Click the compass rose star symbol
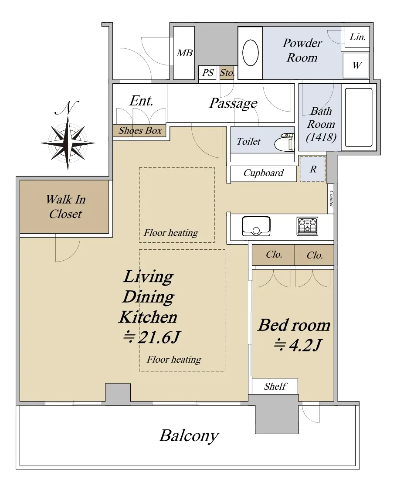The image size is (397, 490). pos(68,143)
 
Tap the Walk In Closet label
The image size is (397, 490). pos(66,207)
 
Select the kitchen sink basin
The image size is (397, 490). pos(256,226)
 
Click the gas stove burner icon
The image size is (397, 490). pos(307,226)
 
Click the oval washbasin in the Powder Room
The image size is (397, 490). pos(251,53)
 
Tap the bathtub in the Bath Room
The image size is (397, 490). pos(359,117)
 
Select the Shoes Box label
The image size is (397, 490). pos(140,131)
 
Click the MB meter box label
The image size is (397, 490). pos(184,53)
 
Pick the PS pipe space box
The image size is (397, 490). pos(208,73)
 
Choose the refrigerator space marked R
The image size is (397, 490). pos(312,169)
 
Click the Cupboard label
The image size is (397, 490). pos(263,173)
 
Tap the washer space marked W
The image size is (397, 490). pos(356,65)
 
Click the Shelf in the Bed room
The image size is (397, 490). pos(275,386)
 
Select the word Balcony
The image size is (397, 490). pos(189,436)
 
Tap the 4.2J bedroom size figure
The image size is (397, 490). pos(297,345)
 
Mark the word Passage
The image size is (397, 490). pos(233,103)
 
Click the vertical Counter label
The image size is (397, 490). pos(331,199)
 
